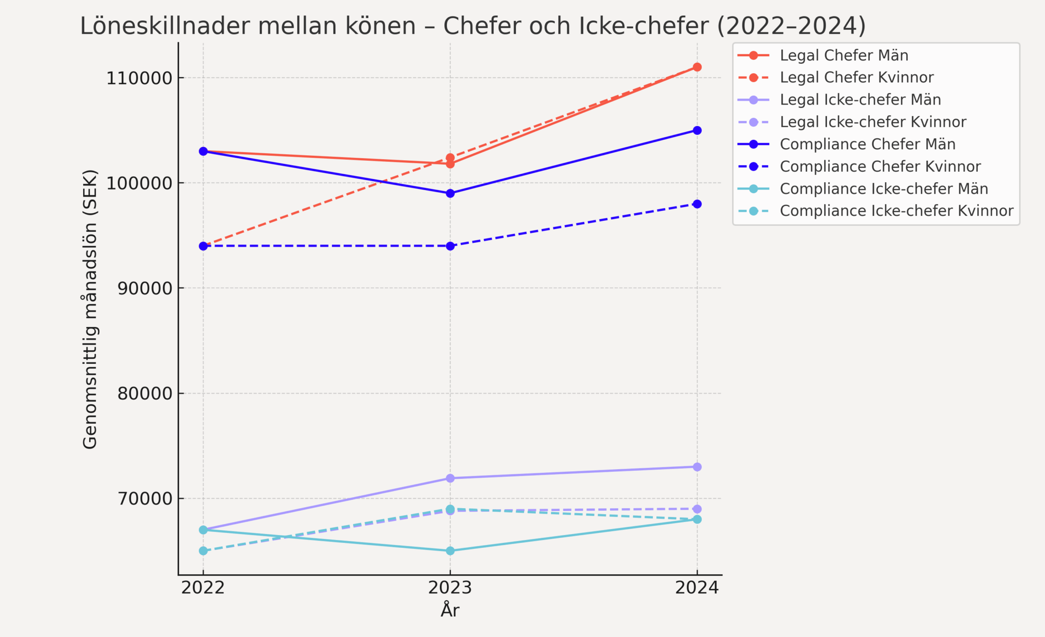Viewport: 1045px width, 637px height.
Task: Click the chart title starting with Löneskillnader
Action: pyautogui.click(x=473, y=26)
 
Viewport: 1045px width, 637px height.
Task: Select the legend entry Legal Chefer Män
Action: pyautogui.click(x=844, y=55)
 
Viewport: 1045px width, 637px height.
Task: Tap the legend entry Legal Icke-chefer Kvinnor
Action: pyautogui.click(x=873, y=122)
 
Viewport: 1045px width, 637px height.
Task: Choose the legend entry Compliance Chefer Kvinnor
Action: pyautogui.click(x=880, y=166)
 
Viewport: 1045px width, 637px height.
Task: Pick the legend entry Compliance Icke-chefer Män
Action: pyautogui.click(x=884, y=189)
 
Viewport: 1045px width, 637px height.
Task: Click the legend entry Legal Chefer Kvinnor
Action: pyautogui.click(x=856, y=78)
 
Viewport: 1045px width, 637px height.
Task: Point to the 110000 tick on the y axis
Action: pyautogui.click(x=139, y=78)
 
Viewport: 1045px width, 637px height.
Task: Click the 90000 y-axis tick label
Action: pyautogui.click(x=144, y=288)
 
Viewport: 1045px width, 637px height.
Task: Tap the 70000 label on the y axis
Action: pyautogui.click(x=144, y=499)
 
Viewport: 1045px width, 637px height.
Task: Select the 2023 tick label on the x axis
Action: pyautogui.click(x=450, y=588)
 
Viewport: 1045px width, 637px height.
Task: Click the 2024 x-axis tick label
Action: pyautogui.click(x=697, y=588)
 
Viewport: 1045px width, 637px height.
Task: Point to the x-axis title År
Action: pyautogui.click(x=450, y=610)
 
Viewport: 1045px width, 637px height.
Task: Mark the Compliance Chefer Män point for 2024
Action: pyautogui.click(x=697, y=130)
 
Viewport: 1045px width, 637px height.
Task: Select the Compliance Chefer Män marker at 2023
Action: pyautogui.click(x=450, y=194)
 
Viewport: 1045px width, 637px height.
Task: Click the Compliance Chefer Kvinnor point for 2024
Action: pyautogui.click(x=697, y=204)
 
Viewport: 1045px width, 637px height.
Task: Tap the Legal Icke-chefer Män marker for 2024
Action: pyautogui.click(x=697, y=467)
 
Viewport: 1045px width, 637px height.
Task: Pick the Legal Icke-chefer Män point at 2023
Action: pyautogui.click(x=450, y=478)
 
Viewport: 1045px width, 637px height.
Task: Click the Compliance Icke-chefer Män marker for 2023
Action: pyautogui.click(x=450, y=551)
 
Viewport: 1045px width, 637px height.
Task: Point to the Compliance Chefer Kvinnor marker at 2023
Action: pyautogui.click(x=450, y=246)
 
